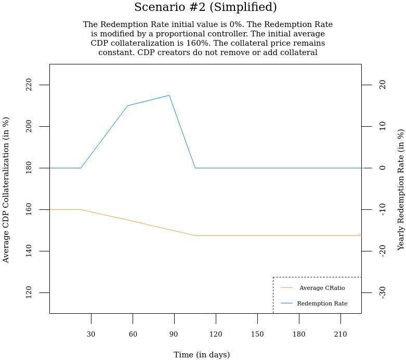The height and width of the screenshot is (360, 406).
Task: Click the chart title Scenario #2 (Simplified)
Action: click(205, 7)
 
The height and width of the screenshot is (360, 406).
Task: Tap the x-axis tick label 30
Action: click(91, 334)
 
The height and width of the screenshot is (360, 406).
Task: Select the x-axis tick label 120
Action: click(216, 334)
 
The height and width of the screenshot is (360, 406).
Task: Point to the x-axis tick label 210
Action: click(340, 334)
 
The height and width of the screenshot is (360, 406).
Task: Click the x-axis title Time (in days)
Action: click(202, 355)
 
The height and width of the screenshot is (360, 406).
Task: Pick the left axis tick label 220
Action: click(29, 85)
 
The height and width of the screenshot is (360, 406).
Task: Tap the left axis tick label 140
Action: click(29, 251)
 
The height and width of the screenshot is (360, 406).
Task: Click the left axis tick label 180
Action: click(29, 168)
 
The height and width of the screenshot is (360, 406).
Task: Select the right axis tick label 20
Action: click(382, 85)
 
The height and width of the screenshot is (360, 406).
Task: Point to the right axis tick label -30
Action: click(382, 292)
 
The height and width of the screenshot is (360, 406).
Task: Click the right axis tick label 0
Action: click(382, 168)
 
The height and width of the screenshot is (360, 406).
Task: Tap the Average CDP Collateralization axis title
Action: click(6, 190)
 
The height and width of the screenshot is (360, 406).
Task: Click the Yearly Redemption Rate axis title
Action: click(400, 190)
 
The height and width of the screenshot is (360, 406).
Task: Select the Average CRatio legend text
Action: click(322, 288)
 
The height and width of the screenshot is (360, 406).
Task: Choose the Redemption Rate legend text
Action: click(322, 303)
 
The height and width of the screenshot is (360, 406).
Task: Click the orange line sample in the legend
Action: click(286, 287)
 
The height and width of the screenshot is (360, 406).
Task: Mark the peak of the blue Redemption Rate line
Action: click(169, 95)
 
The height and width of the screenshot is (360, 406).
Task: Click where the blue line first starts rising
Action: click(81, 168)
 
